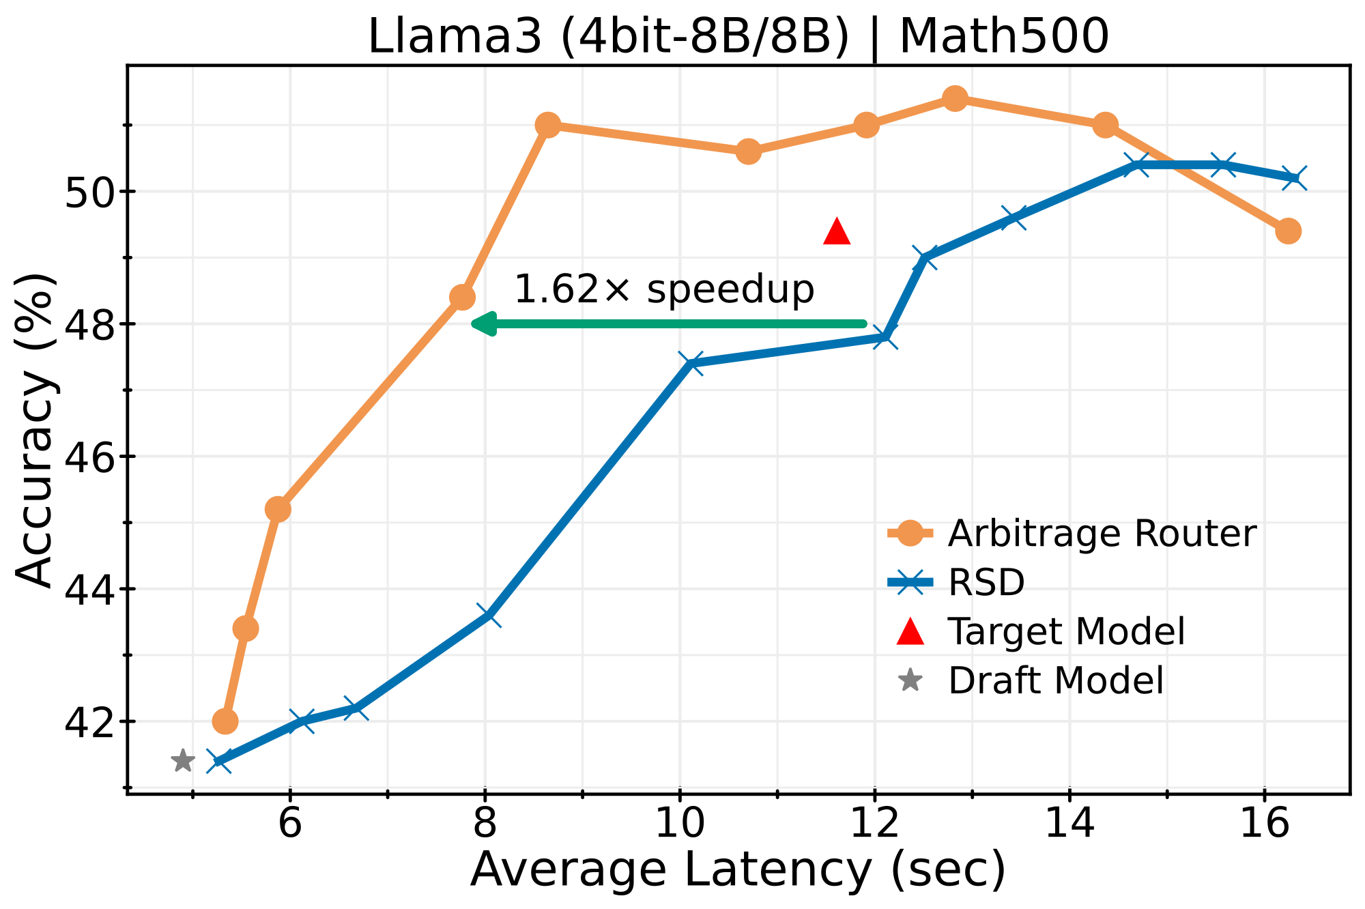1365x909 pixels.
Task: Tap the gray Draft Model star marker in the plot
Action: point(182,760)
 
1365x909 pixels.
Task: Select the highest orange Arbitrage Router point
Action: point(955,99)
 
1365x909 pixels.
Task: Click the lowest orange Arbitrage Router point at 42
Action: point(225,721)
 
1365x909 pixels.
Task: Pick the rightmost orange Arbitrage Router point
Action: point(1288,231)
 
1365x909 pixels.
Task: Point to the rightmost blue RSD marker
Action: point(1294,178)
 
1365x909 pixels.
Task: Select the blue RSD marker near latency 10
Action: point(691,364)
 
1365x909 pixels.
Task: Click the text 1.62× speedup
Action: point(663,289)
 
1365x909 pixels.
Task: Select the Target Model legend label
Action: point(1066,632)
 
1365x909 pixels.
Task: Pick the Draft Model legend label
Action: point(1055,681)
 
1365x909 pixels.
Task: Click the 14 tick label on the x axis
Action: point(1069,824)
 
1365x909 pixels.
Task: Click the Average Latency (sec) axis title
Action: point(738,871)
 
